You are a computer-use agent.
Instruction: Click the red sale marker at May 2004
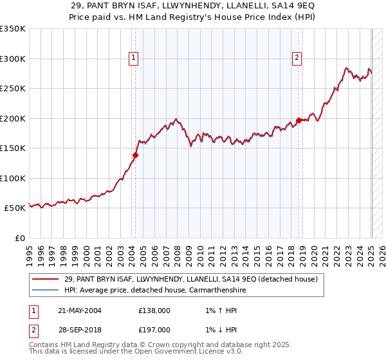(x=136, y=154)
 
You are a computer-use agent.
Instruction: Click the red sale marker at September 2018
(x=299, y=120)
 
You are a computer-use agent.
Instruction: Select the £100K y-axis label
(x=13, y=178)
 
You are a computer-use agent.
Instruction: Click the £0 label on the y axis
(x=20, y=238)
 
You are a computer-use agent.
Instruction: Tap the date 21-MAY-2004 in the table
(x=80, y=310)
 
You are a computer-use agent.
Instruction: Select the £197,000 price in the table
(x=154, y=329)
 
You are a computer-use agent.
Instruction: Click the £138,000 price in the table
(x=154, y=310)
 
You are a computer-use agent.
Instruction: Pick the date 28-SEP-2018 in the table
(x=80, y=329)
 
